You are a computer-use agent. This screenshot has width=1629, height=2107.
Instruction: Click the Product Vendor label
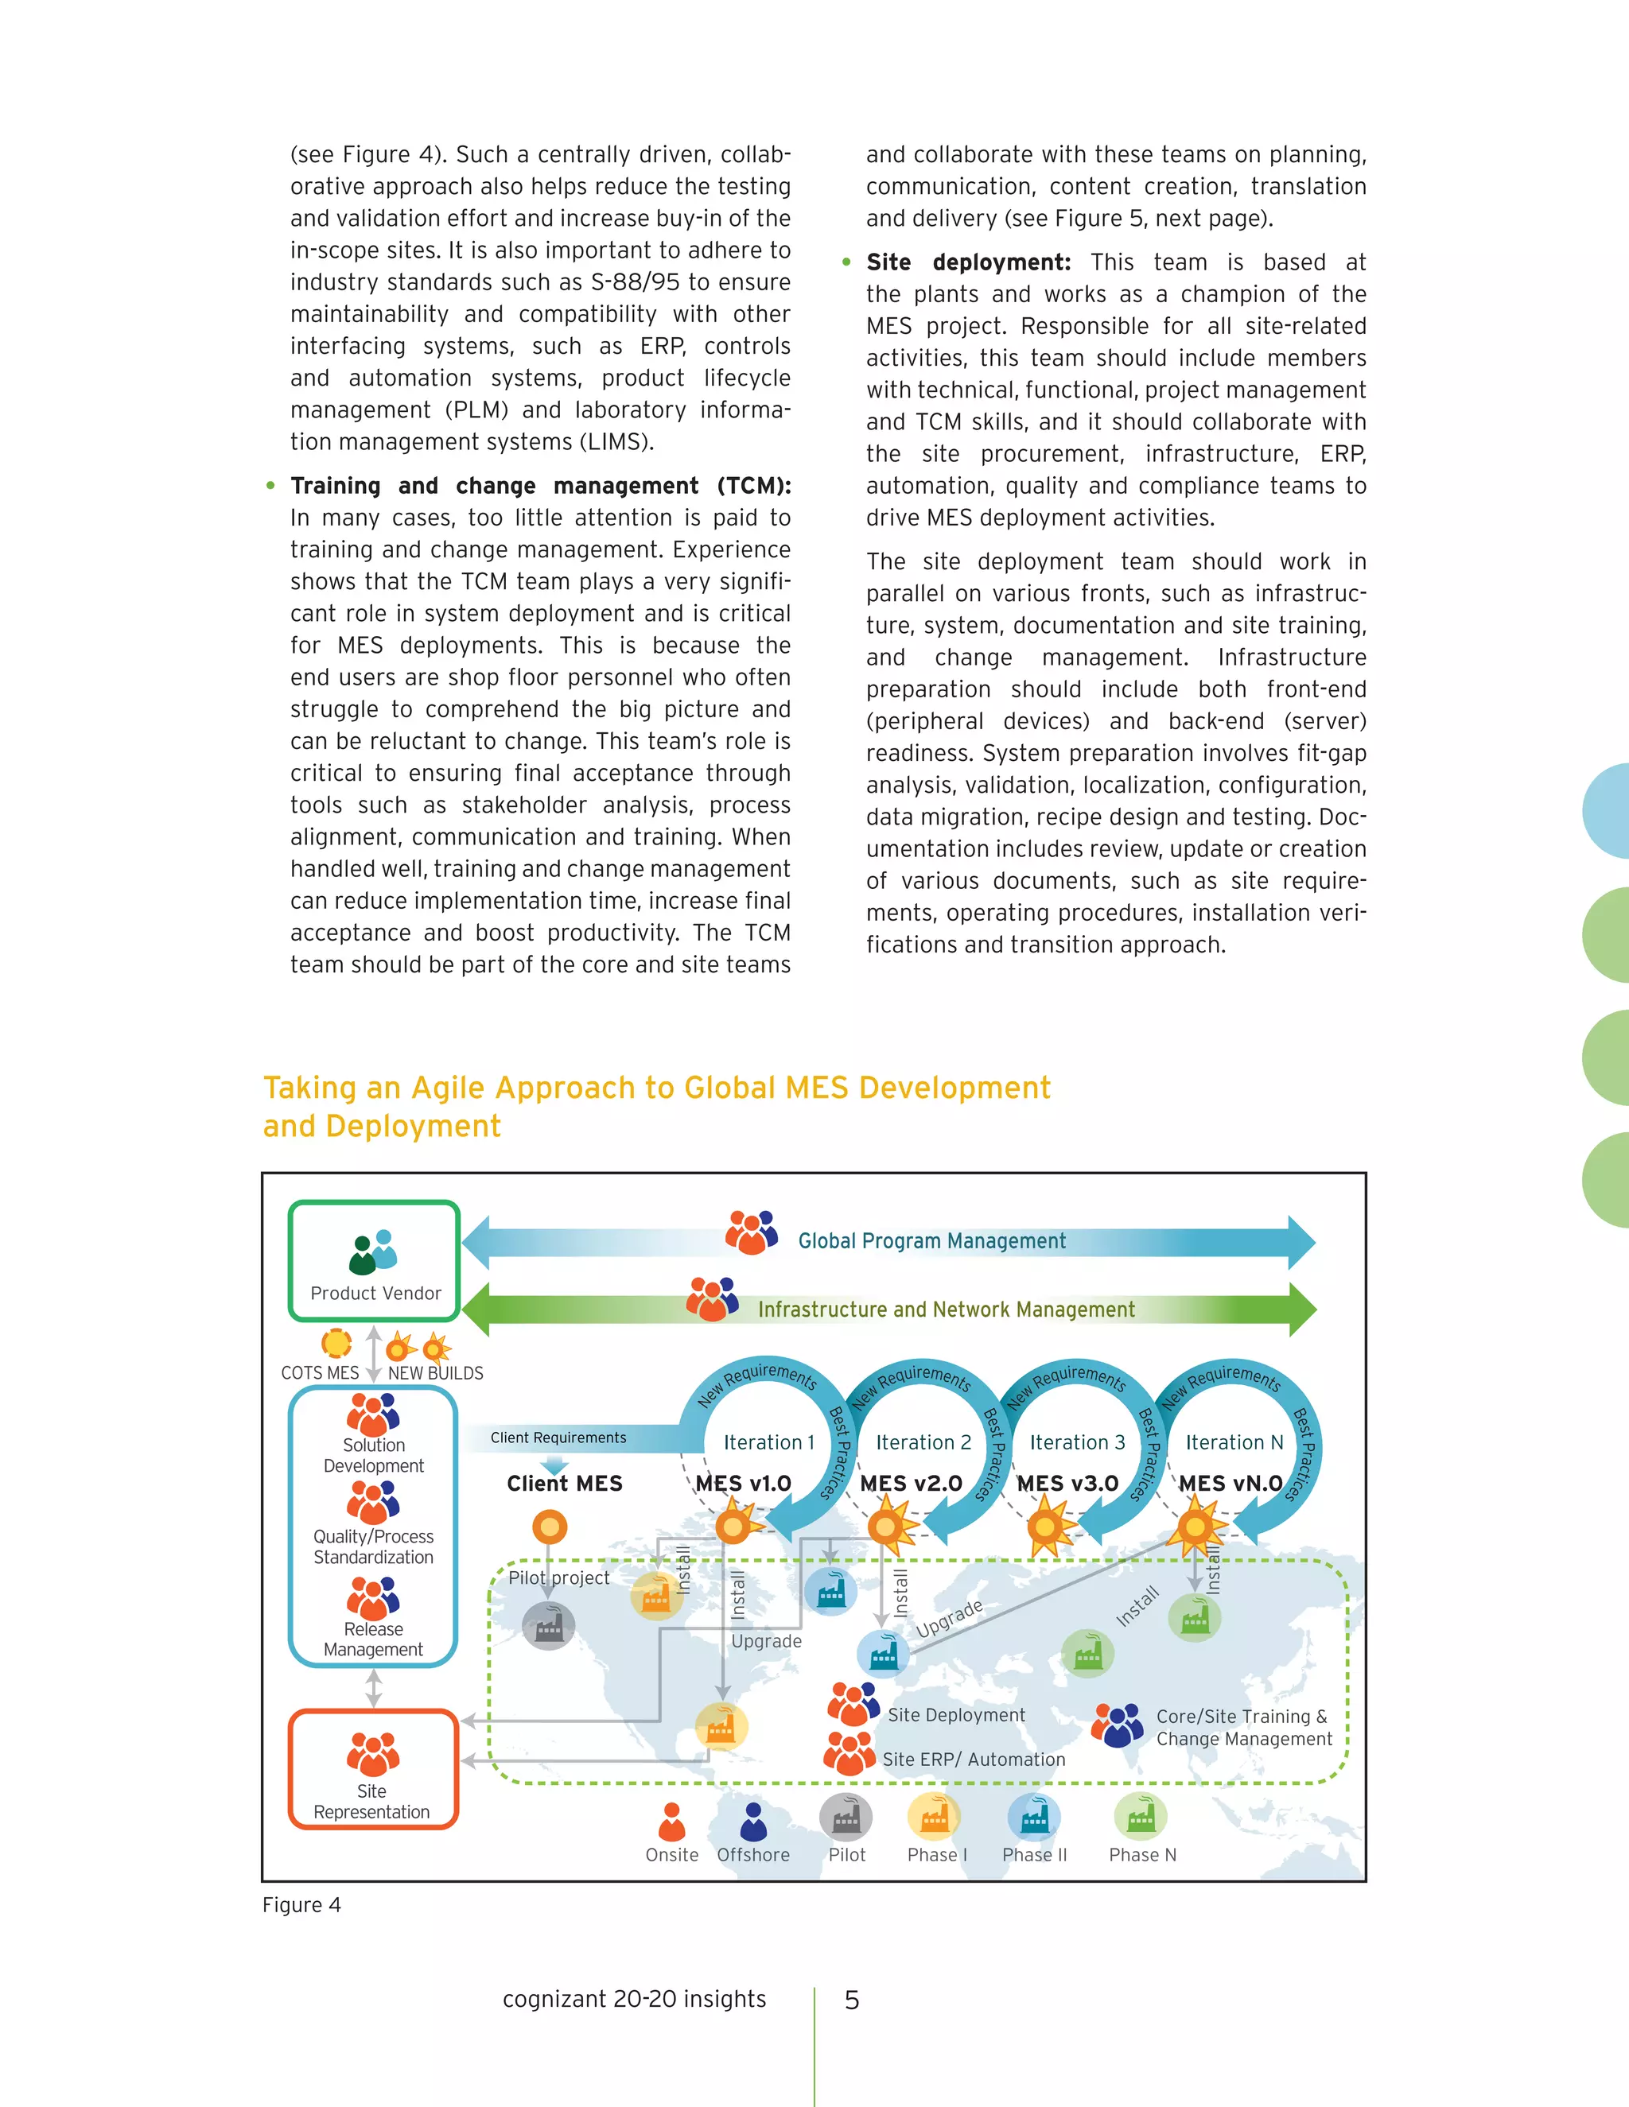pyautogui.click(x=375, y=1293)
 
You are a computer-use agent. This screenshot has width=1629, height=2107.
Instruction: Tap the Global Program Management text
pyautogui.click(x=931, y=1240)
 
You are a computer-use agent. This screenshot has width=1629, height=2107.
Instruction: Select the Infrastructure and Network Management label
pyautogui.click(x=946, y=1310)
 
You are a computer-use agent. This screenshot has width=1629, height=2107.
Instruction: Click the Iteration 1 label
pyautogui.click(x=769, y=1442)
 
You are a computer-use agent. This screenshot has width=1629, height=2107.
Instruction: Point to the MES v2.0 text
pyautogui.click(x=911, y=1484)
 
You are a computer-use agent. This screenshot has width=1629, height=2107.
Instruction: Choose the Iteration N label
pyautogui.click(x=1234, y=1442)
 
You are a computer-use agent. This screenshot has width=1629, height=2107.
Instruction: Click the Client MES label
pyautogui.click(x=565, y=1484)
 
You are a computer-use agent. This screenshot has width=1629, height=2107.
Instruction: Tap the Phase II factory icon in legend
pyautogui.click(x=1033, y=1818)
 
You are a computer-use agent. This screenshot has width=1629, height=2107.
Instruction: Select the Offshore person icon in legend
pyautogui.click(x=752, y=1822)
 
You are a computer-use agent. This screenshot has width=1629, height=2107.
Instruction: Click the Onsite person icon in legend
pyautogui.click(x=671, y=1822)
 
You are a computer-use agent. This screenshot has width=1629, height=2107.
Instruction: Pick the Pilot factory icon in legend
pyautogui.click(x=846, y=1818)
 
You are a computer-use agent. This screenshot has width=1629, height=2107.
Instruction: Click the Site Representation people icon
pyautogui.click(x=372, y=1754)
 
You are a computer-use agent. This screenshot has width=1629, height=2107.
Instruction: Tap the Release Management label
pyautogui.click(x=374, y=1639)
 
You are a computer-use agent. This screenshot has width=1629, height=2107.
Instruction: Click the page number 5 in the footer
pyautogui.click(x=851, y=2000)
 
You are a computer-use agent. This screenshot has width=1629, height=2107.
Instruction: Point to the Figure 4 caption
pyautogui.click(x=301, y=1904)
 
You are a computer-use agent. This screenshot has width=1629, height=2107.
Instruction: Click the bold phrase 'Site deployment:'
pyautogui.click(x=968, y=262)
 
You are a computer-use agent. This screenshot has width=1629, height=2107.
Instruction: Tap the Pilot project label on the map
pyautogui.click(x=558, y=1577)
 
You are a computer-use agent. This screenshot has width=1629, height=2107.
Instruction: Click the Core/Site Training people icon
pyautogui.click(x=1118, y=1726)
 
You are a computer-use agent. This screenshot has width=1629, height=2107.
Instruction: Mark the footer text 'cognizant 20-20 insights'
pyautogui.click(x=634, y=1998)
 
